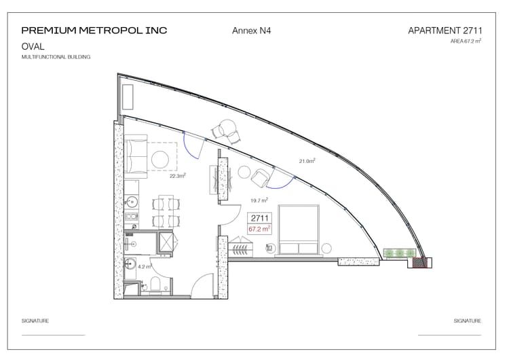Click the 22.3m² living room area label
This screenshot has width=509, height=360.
coord(178,175)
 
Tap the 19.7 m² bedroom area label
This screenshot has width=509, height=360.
coord(259,200)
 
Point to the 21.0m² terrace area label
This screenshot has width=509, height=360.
coord(307,161)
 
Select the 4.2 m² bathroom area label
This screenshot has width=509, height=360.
coord(145,267)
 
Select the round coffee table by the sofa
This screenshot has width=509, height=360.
coord(159,160)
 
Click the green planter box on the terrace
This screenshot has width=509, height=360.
coord(401,254)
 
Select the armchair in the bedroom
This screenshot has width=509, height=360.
coord(259,178)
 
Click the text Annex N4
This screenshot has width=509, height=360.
coord(252,31)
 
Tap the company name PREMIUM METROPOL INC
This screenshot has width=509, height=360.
coord(94,31)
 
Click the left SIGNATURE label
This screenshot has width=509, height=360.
coord(35,321)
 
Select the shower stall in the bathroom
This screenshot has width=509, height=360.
coord(164,242)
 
